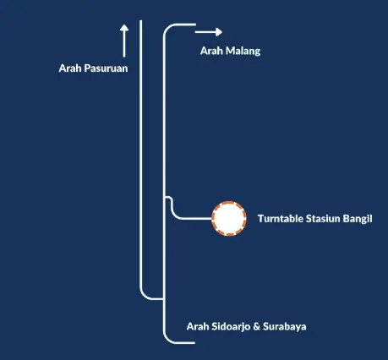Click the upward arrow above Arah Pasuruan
[x=124, y=41]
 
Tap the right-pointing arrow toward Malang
[x=209, y=32]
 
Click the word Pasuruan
[x=106, y=68]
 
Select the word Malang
[x=243, y=52]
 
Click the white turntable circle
[x=229, y=219]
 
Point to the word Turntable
[x=281, y=219]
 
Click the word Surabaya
[x=285, y=326]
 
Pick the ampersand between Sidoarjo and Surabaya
[x=256, y=326]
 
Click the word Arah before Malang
[x=211, y=51]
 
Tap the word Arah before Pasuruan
[x=70, y=68]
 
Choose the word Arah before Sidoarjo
[x=198, y=326]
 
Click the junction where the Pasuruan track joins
[x=164, y=298]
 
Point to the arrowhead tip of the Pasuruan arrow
[x=124, y=25]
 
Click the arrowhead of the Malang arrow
[x=219, y=32]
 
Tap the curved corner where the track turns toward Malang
[x=167, y=28]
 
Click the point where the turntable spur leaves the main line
[x=165, y=197]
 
